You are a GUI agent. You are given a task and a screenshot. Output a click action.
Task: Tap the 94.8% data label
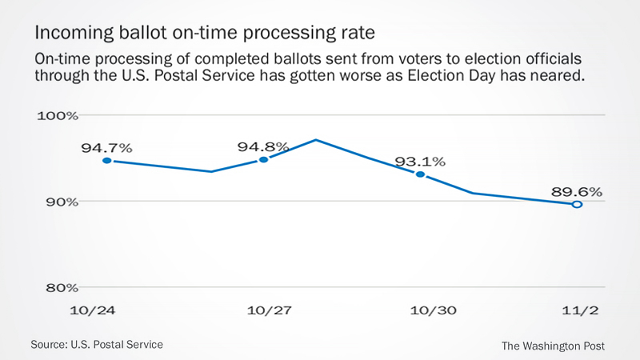tap(263, 147)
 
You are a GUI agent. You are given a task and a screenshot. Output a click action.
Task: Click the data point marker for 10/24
tap(106, 161)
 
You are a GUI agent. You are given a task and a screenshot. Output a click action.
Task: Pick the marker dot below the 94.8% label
tap(263, 160)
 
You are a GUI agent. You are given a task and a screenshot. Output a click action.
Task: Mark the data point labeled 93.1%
tap(420, 174)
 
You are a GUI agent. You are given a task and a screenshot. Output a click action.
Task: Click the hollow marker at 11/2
tap(576, 205)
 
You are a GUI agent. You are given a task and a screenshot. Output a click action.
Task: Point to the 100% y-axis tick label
tap(59, 115)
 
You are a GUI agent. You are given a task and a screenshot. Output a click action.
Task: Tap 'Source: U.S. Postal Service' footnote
tap(97, 344)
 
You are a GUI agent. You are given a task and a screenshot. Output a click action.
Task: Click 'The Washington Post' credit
tap(553, 346)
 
